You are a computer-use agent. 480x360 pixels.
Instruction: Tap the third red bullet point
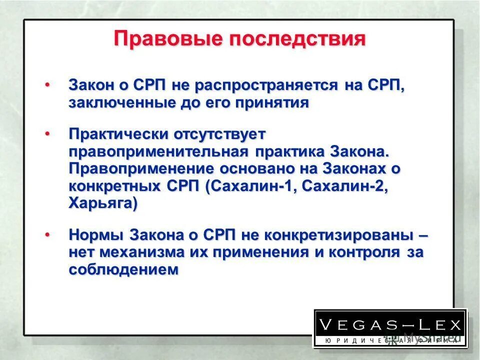[x=47, y=233]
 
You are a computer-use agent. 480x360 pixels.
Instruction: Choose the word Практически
[x=118, y=134]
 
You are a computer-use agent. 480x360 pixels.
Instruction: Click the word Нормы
[x=96, y=235]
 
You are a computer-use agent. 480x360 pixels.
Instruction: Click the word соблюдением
[x=124, y=269]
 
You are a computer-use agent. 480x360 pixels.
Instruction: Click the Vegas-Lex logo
[x=390, y=328]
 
